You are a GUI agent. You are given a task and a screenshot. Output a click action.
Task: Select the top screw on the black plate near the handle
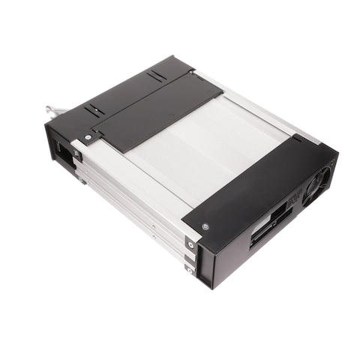pyautogui.click(x=88, y=137)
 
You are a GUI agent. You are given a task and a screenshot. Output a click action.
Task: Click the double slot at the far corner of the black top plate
pyautogui.click(x=156, y=76)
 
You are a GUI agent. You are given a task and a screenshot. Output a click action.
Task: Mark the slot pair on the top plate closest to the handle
pyautogui.click(x=95, y=110)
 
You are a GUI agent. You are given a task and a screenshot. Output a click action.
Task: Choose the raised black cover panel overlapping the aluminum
pyautogui.click(x=157, y=111)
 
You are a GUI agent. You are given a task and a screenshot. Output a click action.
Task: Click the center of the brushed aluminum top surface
pyautogui.click(x=202, y=154)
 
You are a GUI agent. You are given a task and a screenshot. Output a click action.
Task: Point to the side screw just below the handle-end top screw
pyautogui.click(x=76, y=154)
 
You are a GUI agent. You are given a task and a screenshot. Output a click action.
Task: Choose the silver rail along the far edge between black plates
pyautogui.click(x=255, y=105)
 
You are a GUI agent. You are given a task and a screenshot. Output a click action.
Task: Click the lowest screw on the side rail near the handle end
pyautogui.click(x=82, y=180)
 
